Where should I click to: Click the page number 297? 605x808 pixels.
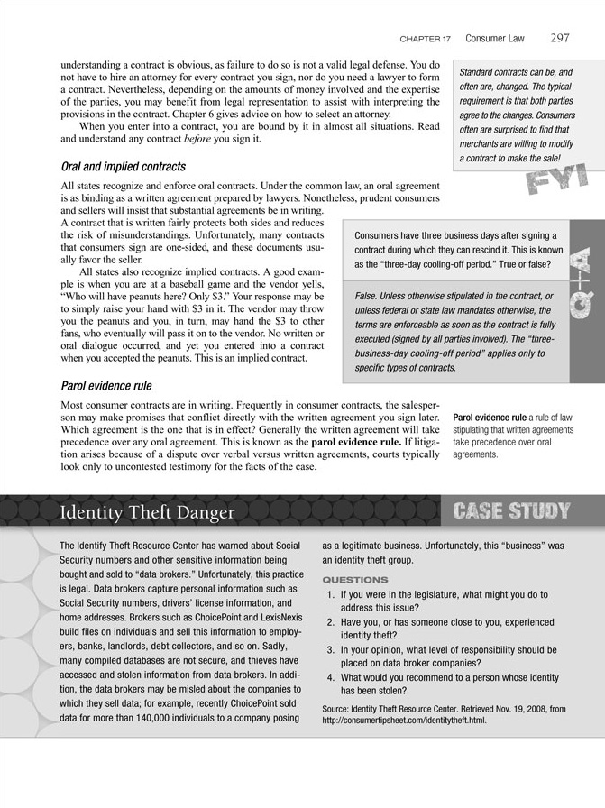click(x=558, y=39)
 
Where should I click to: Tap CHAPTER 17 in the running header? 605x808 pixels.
click(x=425, y=40)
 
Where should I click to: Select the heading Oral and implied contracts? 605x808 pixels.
click(x=123, y=167)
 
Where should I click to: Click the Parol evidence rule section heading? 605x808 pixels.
click(x=105, y=387)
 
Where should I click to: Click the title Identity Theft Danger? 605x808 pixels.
click(x=147, y=513)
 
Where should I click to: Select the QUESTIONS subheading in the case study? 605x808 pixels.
click(x=355, y=579)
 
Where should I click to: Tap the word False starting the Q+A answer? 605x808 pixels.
click(x=364, y=297)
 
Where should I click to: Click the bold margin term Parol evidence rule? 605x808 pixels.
click(x=488, y=418)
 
